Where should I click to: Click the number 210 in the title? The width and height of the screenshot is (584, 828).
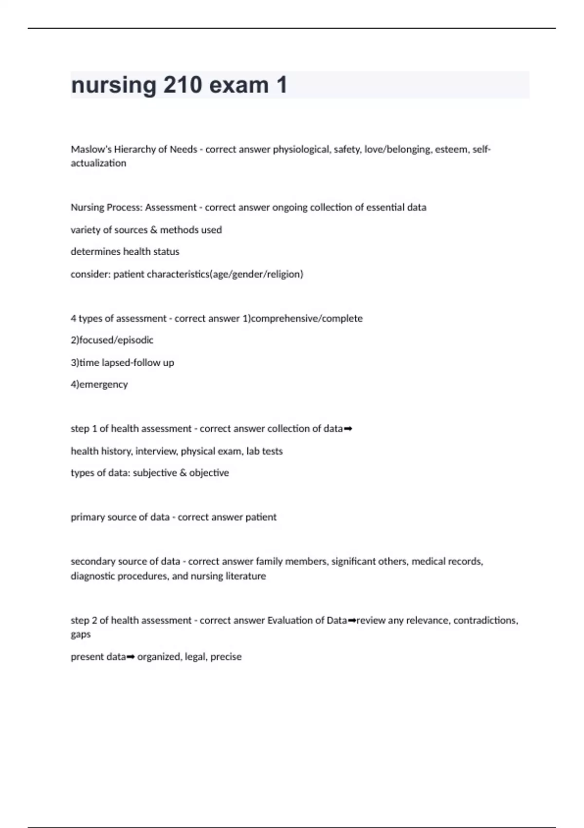183,85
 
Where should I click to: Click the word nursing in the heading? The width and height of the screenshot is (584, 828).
113,85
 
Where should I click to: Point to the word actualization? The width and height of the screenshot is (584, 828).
98,163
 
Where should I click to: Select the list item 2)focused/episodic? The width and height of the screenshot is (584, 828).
112,340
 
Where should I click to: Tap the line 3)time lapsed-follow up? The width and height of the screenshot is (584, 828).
122,362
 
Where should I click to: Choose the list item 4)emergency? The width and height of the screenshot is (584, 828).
99,384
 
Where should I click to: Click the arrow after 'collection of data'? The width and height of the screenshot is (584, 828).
348,429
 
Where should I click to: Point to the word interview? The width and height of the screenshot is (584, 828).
156,451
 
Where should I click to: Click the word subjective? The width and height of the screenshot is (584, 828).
155,473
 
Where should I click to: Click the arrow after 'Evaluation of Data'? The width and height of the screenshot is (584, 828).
352,621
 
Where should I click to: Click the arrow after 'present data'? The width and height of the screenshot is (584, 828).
130,657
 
